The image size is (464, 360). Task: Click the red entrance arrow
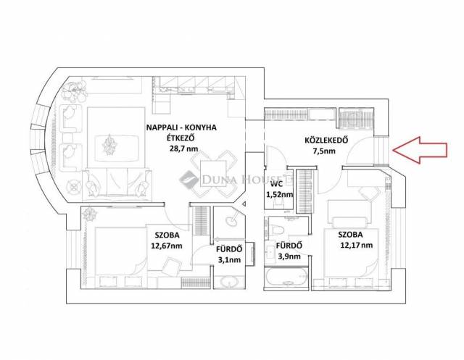coord(420,150)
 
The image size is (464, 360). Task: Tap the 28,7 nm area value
coord(183,148)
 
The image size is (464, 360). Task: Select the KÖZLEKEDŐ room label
coord(326,140)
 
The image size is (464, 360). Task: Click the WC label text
coord(277,184)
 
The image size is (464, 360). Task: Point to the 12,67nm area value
coord(167,246)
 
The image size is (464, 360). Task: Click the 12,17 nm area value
coord(357,246)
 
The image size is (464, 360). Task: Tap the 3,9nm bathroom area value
coord(289,256)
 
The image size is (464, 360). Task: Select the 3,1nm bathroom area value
coord(229,260)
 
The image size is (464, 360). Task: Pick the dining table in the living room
coord(214,173)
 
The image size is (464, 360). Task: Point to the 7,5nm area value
coord(324,151)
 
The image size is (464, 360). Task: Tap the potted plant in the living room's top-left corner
coord(74,91)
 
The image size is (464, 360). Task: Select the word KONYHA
coord(203,127)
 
